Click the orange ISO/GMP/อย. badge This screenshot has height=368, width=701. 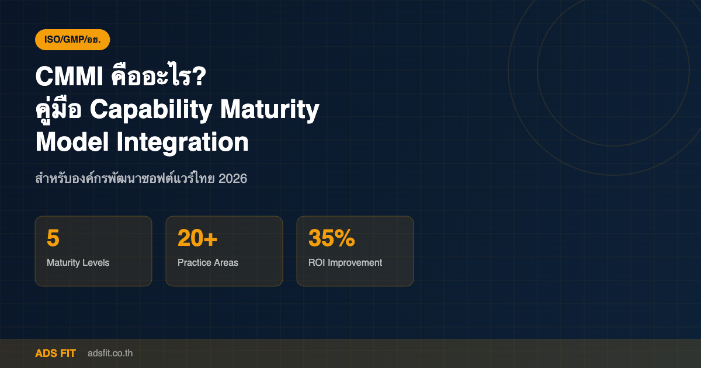tap(72, 40)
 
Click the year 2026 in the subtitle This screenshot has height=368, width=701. tap(232, 179)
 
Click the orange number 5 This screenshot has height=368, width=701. tap(53, 238)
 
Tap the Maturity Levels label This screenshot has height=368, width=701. tap(78, 263)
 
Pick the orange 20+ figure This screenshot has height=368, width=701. tap(197, 238)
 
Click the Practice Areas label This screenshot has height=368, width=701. tap(208, 263)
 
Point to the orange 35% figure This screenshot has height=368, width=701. tap(331, 238)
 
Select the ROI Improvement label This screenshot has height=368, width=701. tap(345, 263)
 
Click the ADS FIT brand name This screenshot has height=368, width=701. tap(55, 353)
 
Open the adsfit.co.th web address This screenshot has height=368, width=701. tap(110, 353)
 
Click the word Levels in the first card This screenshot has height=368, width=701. tap(96, 263)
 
